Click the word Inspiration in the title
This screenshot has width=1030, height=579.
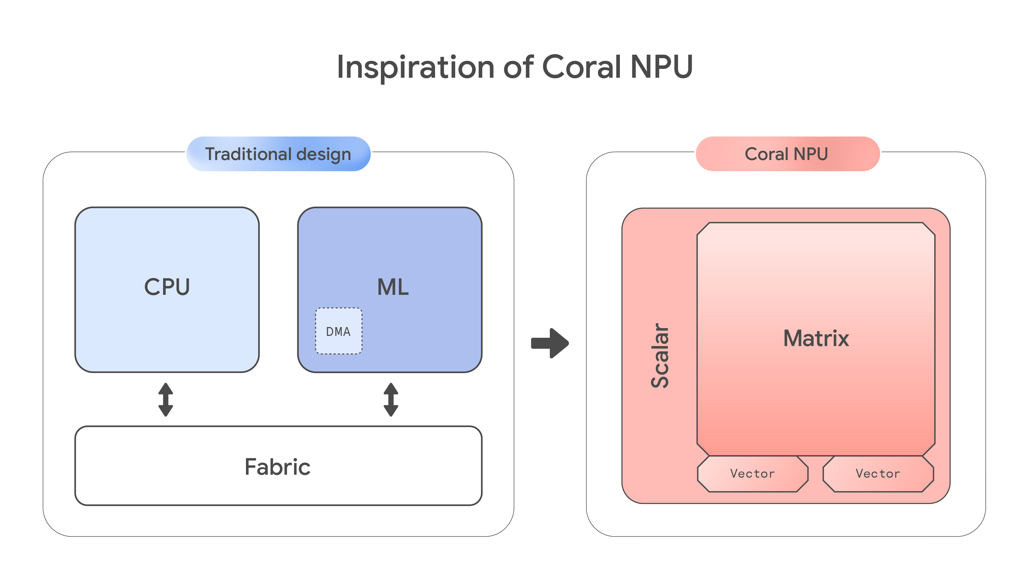(x=416, y=67)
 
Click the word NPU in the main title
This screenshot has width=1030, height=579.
(x=661, y=67)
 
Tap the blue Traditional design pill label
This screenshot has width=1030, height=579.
(x=278, y=154)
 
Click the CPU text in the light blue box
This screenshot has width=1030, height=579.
(x=167, y=287)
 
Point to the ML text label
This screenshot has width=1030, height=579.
(x=393, y=287)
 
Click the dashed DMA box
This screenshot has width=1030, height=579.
(x=339, y=331)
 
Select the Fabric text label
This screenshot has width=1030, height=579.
(x=278, y=467)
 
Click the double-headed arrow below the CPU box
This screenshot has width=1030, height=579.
(x=165, y=400)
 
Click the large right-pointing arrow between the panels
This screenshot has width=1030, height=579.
(x=550, y=343)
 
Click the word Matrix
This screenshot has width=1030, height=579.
(x=816, y=339)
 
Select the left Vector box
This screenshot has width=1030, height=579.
(x=752, y=474)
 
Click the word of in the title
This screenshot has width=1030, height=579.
(x=518, y=67)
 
